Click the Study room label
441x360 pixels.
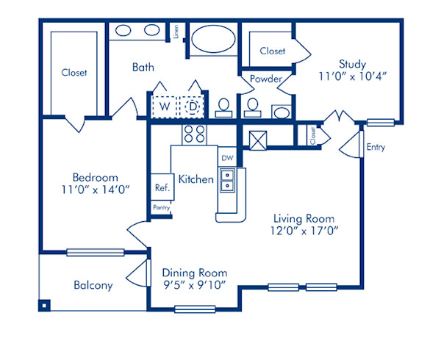coord(352,64)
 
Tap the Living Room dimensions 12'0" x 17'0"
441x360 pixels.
coord(304,232)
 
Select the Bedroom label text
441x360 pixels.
coord(95,177)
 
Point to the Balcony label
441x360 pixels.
coord(93,285)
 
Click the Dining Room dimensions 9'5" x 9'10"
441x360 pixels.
coord(194,284)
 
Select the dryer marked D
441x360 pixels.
coord(192,107)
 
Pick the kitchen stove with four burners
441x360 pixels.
coord(193,133)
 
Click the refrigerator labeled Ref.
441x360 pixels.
coord(162,187)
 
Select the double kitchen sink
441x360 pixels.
coord(228,181)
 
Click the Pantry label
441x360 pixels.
coord(162,208)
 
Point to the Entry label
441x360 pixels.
coord(376,147)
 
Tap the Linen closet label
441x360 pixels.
coord(176,32)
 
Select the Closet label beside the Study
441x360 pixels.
coord(273,51)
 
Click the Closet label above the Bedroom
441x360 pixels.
coord(73,73)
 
